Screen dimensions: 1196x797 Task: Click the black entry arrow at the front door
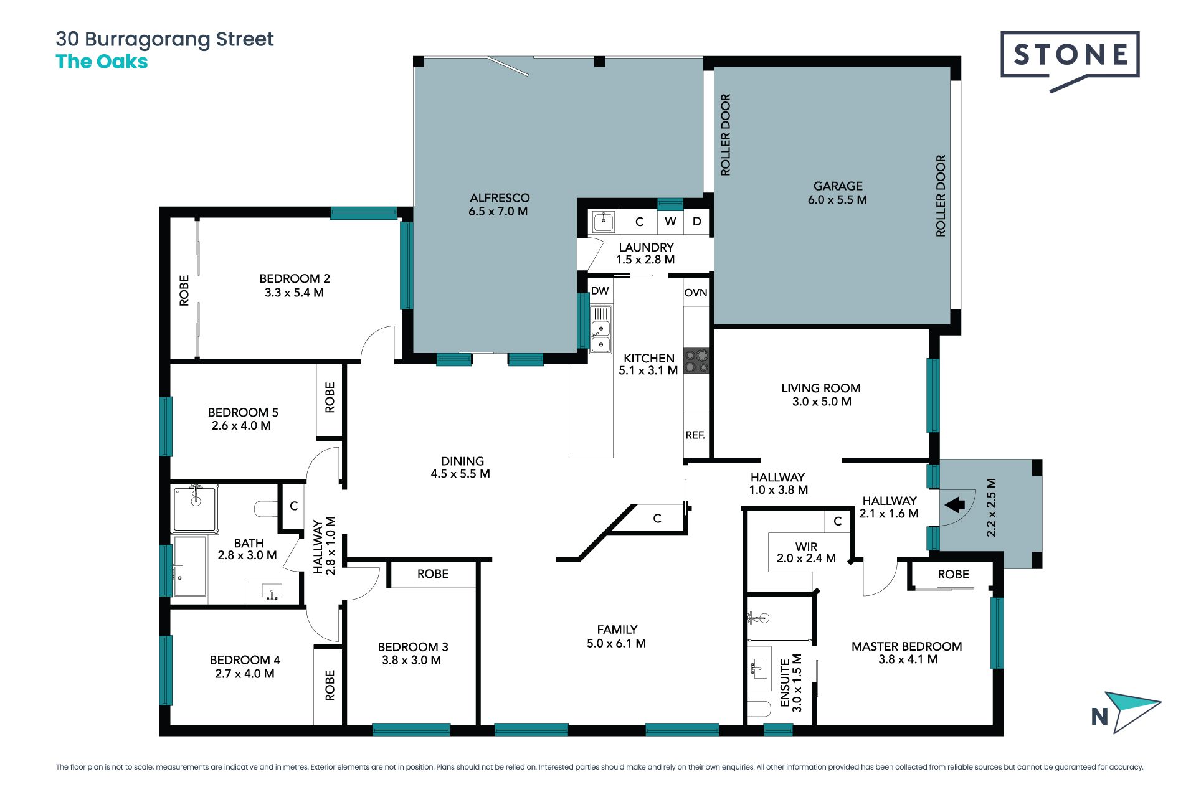tap(955, 504)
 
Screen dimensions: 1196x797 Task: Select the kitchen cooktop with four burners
tap(696, 361)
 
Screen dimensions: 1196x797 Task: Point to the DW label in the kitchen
tap(600, 291)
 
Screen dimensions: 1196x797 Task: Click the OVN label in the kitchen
tap(696, 293)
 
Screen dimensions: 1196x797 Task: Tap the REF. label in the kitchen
tap(695, 435)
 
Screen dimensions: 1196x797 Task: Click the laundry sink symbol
tap(603, 222)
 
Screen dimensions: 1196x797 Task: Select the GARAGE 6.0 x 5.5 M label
tap(838, 193)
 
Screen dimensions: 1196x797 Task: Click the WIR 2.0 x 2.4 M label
tap(806, 552)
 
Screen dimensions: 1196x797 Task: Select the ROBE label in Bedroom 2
tap(184, 291)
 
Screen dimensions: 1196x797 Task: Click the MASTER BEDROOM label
tap(906, 646)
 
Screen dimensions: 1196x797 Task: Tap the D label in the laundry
tap(697, 221)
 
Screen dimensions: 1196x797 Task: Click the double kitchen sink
tap(600, 329)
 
